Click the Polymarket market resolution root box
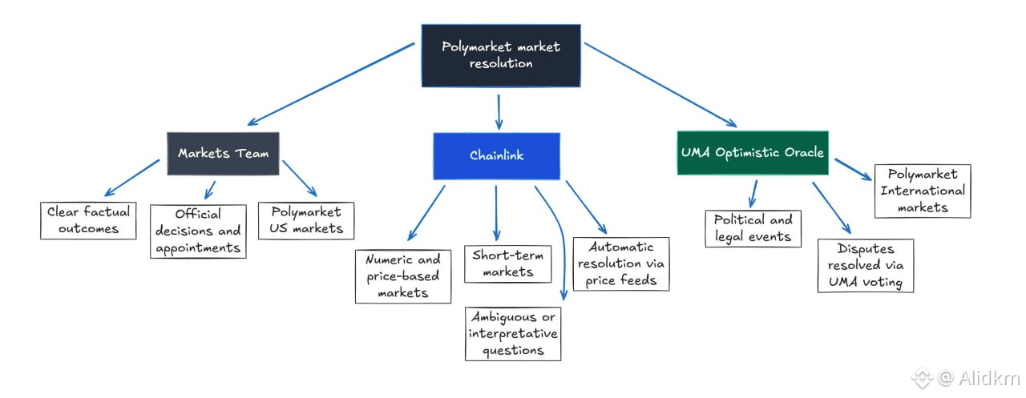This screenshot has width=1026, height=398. [x=501, y=55]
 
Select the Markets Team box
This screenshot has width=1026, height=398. [x=223, y=154]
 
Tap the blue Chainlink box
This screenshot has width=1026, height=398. [x=496, y=155]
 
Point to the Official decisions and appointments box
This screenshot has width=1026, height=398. [x=198, y=231]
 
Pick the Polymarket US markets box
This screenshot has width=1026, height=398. [x=305, y=220]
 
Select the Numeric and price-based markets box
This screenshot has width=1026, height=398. [x=402, y=276]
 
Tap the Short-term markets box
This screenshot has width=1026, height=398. [x=508, y=264]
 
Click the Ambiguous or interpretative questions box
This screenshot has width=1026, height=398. [x=514, y=333]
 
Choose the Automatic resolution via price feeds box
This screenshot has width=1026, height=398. [x=621, y=263]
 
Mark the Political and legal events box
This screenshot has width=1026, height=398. [x=752, y=228]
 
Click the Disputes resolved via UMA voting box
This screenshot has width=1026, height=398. [x=866, y=265]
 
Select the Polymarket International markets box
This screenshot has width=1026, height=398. [x=923, y=191]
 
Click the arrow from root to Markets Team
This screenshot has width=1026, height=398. [x=331, y=83]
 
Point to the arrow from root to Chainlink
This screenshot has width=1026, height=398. [x=499, y=111]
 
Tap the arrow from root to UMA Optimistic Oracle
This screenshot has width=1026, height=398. [x=660, y=84]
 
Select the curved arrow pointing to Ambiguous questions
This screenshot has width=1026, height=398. [x=559, y=240]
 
